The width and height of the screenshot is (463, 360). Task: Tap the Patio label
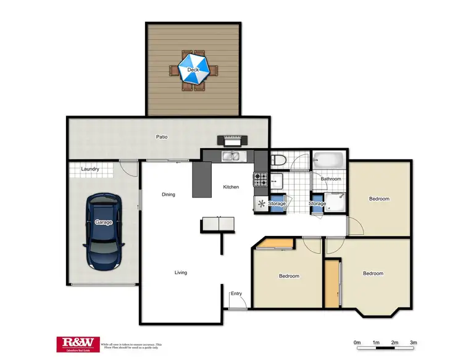(x=162, y=137)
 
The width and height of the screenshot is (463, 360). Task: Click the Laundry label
(x=90, y=169)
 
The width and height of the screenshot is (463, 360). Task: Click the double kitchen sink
(x=233, y=157)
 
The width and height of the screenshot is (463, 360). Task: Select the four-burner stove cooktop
(x=260, y=180)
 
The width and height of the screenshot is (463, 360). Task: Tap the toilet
(x=278, y=161)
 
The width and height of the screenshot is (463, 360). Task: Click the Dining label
(x=169, y=195)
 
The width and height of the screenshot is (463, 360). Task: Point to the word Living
(x=180, y=272)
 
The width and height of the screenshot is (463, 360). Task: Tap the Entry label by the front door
(x=236, y=293)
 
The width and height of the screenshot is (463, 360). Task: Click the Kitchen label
(x=231, y=187)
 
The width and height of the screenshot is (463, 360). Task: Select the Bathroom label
(x=331, y=179)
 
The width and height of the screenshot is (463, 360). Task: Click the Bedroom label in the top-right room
(x=379, y=199)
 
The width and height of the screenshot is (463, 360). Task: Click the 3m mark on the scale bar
(x=414, y=342)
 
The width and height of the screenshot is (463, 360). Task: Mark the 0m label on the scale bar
(x=357, y=342)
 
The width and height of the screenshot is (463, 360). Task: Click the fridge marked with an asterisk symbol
(x=261, y=203)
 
